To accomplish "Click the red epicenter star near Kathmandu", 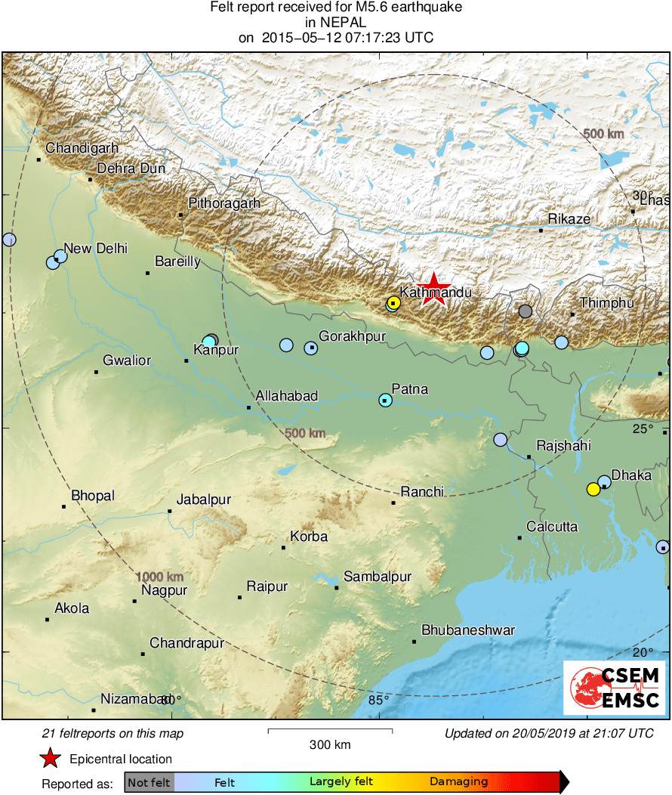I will tap(433, 289).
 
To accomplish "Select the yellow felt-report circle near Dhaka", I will tap(593, 489).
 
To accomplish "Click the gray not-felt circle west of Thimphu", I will tap(526, 311).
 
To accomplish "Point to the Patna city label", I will tap(410, 389).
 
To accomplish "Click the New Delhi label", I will tap(96, 248).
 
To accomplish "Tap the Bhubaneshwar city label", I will tap(468, 630).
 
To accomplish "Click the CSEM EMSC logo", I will tap(615, 687).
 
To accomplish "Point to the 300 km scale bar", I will tap(330, 731).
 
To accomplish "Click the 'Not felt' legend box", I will tap(149, 782).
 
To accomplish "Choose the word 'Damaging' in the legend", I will tap(459, 782).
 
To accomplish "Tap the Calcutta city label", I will tap(552, 526).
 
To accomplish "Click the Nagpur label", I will tap(164, 590).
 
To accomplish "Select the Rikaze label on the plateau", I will tap(569, 219).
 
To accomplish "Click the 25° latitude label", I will tap(643, 429).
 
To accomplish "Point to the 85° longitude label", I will tap(378, 700).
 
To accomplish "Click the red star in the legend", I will tap(51, 759).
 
